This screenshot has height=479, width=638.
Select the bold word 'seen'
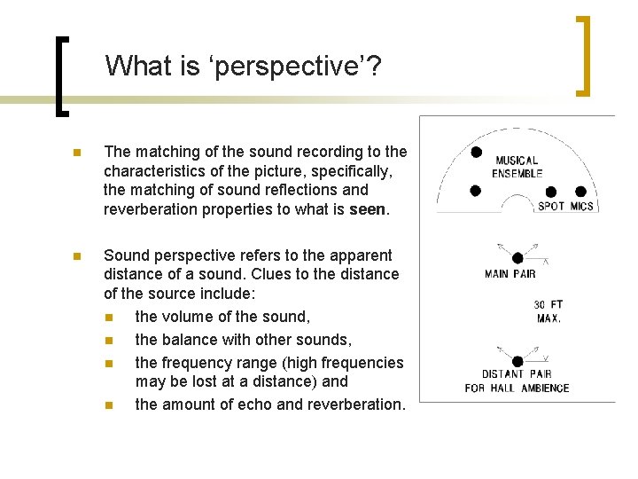[x=368, y=209]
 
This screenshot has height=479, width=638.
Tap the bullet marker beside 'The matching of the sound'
[x=77, y=153]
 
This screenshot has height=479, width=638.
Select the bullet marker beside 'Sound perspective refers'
[x=77, y=256]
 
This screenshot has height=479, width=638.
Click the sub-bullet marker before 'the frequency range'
[x=108, y=363]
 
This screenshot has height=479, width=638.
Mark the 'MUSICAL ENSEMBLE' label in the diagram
[x=517, y=167]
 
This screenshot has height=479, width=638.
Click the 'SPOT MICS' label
[x=565, y=207]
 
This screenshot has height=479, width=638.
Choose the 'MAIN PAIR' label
[x=510, y=273]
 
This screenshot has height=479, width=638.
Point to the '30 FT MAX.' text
[x=549, y=311]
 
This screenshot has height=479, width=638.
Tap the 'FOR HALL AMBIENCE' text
[x=517, y=388]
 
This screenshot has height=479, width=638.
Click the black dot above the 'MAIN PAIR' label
[x=517, y=258]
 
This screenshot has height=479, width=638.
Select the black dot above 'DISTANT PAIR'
[x=517, y=361]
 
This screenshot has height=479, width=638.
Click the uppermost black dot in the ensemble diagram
[x=476, y=153]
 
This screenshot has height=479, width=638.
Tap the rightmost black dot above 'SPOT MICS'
[x=581, y=192]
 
